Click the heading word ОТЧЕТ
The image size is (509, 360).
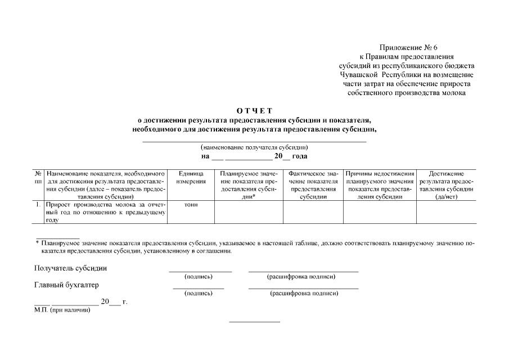coord(254,110)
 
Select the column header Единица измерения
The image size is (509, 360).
coord(191,178)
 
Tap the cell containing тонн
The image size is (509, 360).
coord(191,205)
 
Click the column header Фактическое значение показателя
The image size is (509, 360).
coord(313,185)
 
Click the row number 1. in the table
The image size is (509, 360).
coord(39,205)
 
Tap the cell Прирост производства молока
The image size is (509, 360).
coord(105,212)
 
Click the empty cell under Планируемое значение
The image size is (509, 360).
coord(249,212)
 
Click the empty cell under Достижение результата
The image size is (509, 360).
coord(446,212)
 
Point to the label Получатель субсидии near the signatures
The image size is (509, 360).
coord(70,268)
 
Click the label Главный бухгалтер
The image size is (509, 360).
coord(66,285)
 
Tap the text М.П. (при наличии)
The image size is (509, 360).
coord(62,310)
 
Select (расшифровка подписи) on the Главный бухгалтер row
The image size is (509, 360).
coord(304,293)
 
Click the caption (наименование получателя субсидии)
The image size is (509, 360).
coord(254,147)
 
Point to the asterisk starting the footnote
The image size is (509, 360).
coord(37,243)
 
